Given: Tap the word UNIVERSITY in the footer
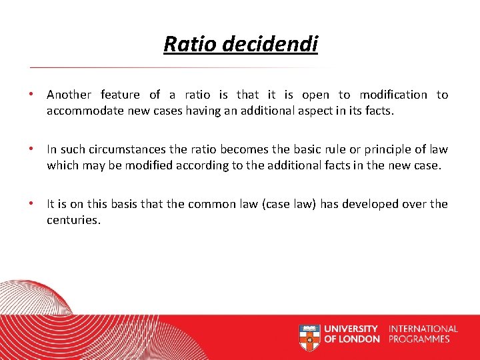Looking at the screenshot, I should coord(351,329).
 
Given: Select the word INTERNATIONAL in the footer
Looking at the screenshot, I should coord(423,329).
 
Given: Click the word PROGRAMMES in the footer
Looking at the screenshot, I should coord(419,339).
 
